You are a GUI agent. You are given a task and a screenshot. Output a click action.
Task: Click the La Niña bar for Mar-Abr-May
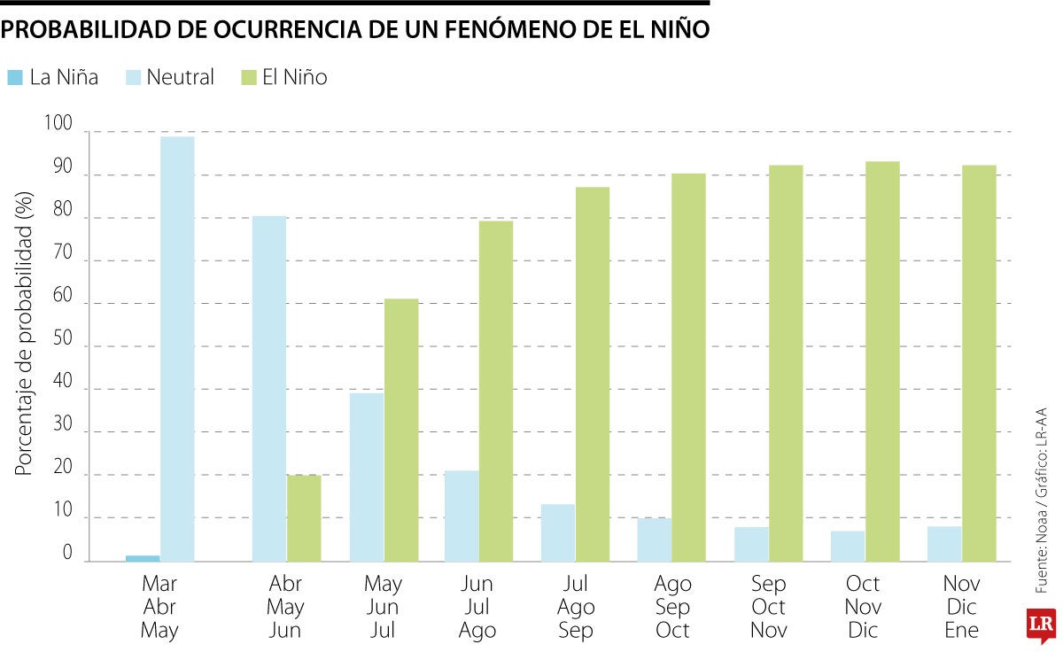(143, 557)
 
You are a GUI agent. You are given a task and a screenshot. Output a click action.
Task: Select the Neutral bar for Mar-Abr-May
(177, 349)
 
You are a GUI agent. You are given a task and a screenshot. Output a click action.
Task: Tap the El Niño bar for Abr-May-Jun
(304, 518)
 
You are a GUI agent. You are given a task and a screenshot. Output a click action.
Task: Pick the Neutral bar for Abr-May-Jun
(269, 389)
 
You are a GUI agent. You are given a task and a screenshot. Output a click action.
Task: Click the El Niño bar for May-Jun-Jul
(401, 431)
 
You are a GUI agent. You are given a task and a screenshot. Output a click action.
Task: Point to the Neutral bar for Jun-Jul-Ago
(462, 516)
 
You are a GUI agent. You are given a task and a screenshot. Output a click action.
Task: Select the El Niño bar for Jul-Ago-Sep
(593, 374)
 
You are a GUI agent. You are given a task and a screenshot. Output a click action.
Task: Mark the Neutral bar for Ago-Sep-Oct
(655, 539)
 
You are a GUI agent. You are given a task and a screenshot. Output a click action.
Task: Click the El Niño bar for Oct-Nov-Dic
(882, 361)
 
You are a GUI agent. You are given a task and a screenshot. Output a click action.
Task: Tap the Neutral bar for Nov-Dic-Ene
(944, 544)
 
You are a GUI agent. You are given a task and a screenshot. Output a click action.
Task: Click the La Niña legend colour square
(15, 78)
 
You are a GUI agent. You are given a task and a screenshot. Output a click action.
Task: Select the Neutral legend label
(180, 78)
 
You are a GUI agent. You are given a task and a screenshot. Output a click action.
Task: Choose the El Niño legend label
(294, 78)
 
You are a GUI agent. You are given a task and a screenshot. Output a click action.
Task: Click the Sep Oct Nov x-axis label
(768, 607)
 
